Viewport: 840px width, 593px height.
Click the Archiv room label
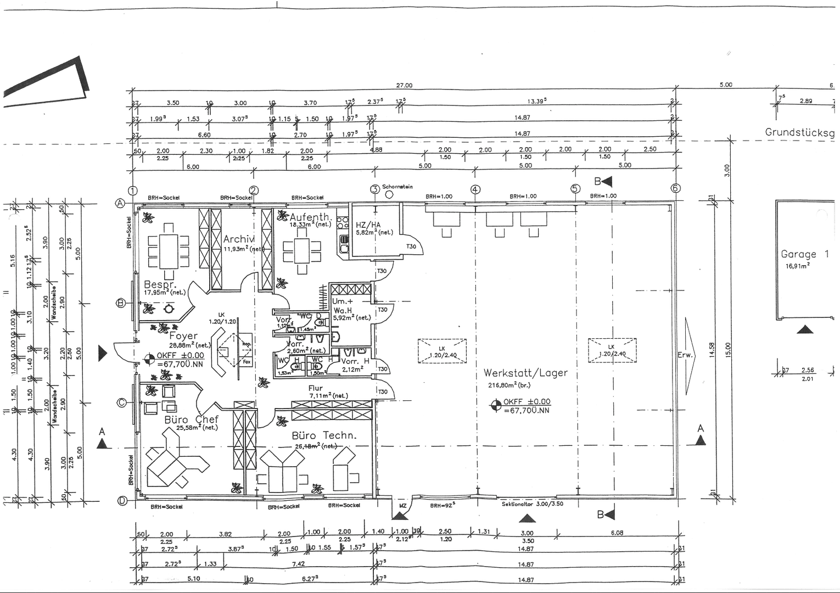pyautogui.click(x=239, y=239)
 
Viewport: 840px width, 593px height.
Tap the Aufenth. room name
pyautogui.click(x=310, y=217)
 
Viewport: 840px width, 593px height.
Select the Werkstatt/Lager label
pyautogui.click(x=525, y=373)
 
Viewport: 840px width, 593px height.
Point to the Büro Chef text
pyautogui.click(x=191, y=419)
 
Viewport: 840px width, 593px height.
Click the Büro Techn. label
pyautogui.click(x=324, y=435)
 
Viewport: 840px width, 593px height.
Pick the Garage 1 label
pyautogui.click(x=804, y=254)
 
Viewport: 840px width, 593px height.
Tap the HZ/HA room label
pyautogui.click(x=368, y=225)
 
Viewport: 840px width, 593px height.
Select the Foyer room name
pyautogui.click(x=183, y=336)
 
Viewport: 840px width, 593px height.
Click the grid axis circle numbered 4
pyautogui.click(x=475, y=189)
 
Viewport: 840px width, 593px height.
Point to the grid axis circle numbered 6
pyautogui.click(x=675, y=188)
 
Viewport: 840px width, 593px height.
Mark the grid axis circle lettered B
pyautogui.click(x=121, y=303)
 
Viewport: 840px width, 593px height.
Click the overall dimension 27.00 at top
pyautogui.click(x=404, y=86)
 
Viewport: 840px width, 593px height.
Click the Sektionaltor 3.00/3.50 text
pyautogui.click(x=532, y=504)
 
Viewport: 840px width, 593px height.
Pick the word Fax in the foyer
pyautogui.click(x=247, y=362)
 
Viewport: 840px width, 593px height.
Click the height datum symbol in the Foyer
pyautogui.click(x=148, y=360)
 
